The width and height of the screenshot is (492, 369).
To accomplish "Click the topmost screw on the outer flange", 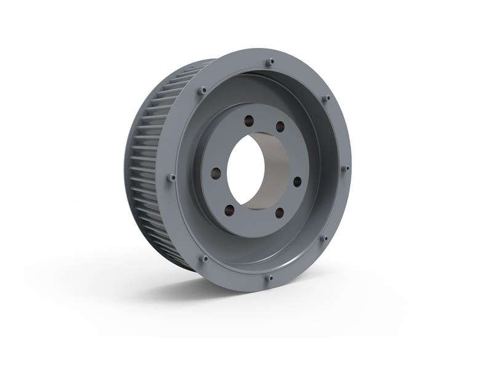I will [270, 61].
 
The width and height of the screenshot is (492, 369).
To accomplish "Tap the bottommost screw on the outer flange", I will [268, 278].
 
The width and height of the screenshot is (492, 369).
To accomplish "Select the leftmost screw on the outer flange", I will [172, 178].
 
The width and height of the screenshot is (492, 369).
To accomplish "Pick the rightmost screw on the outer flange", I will [346, 167].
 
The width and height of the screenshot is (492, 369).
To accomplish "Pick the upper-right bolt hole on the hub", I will [280, 126].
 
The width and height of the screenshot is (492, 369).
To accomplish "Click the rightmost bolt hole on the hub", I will [298, 181].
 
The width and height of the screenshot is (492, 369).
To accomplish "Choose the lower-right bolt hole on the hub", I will [279, 213].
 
